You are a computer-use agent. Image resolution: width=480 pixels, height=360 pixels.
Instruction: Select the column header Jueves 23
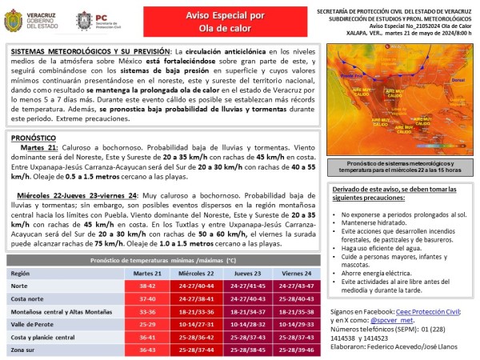246,274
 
